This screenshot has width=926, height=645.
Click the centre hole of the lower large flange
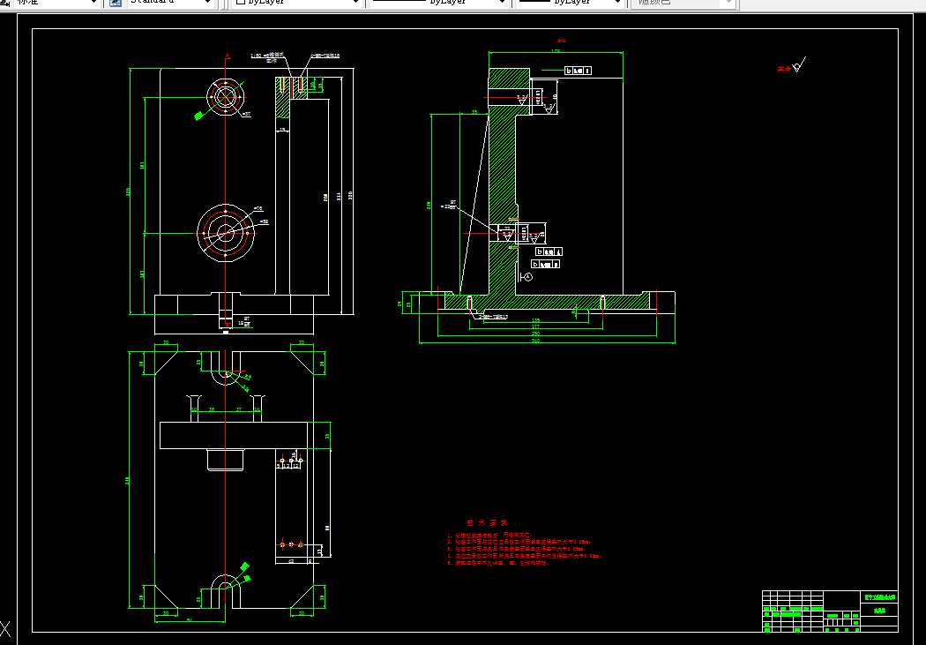(x=226, y=233)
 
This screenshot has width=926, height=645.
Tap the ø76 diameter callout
(x=258, y=208)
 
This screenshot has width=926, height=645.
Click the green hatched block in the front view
(x=292, y=97)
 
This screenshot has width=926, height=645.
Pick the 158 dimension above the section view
(x=556, y=52)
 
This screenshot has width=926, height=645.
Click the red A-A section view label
(x=561, y=41)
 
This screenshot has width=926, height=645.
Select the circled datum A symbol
(x=527, y=277)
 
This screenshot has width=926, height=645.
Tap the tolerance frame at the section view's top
(x=578, y=70)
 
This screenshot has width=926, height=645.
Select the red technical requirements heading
(x=482, y=522)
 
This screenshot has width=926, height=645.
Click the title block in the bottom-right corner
(x=830, y=611)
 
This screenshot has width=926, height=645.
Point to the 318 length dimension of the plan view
(x=129, y=480)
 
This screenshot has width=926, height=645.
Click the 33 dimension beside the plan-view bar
(x=328, y=436)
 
